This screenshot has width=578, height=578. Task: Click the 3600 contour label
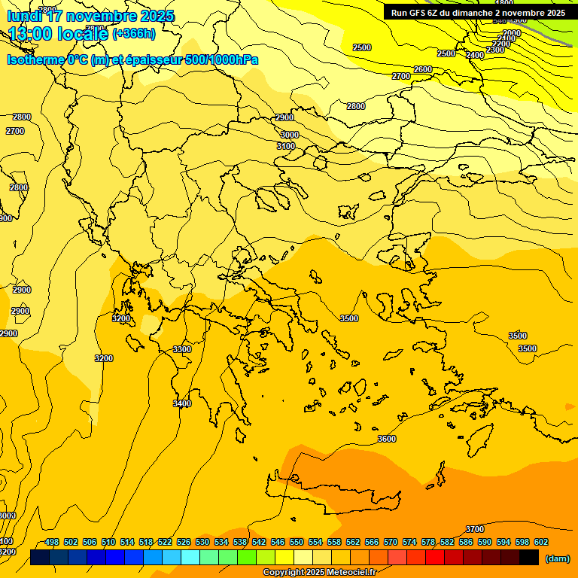point(386,439)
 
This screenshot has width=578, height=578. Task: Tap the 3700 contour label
point(475,529)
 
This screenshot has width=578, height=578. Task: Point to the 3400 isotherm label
point(182,403)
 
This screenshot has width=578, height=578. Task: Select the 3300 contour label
point(182,349)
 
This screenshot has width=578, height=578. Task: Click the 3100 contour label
point(286,146)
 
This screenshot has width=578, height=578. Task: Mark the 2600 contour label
point(423,69)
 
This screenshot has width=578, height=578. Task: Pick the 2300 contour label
point(495,50)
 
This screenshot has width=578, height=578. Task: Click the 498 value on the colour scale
point(52,542)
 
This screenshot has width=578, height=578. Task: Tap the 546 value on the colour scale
point(278,542)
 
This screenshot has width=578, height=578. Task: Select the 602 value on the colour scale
point(541,542)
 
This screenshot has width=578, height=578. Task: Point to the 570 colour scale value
point(391,542)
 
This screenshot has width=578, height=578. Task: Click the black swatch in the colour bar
point(529,557)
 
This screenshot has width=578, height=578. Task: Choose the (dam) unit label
point(557,558)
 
